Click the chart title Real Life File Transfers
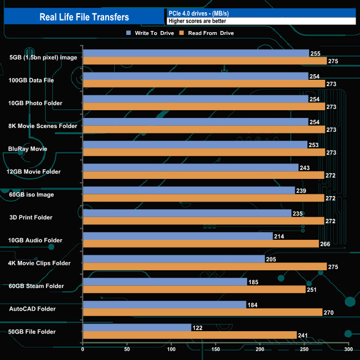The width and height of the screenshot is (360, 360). click(x=84, y=17)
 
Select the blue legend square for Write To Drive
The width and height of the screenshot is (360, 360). click(x=129, y=33)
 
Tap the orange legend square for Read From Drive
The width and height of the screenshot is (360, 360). click(x=181, y=33)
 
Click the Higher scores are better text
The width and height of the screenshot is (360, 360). click(x=197, y=21)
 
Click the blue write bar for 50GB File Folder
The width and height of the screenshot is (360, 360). click(x=137, y=327)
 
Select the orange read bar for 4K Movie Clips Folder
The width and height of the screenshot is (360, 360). click(x=204, y=266)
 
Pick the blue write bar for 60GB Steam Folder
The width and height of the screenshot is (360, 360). click(x=164, y=282)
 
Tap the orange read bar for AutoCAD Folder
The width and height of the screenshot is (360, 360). click(x=202, y=312)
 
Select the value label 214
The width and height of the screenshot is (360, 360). click(x=280, y=236)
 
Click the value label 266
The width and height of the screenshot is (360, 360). click(x=326, y=244)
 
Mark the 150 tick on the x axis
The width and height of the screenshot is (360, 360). click(x=215, y=349)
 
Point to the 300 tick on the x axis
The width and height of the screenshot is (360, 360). click(x=348, y=349)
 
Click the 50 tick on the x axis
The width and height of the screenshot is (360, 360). click(x=127, y=349)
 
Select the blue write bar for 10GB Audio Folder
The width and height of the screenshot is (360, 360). click(x=177, y=236)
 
